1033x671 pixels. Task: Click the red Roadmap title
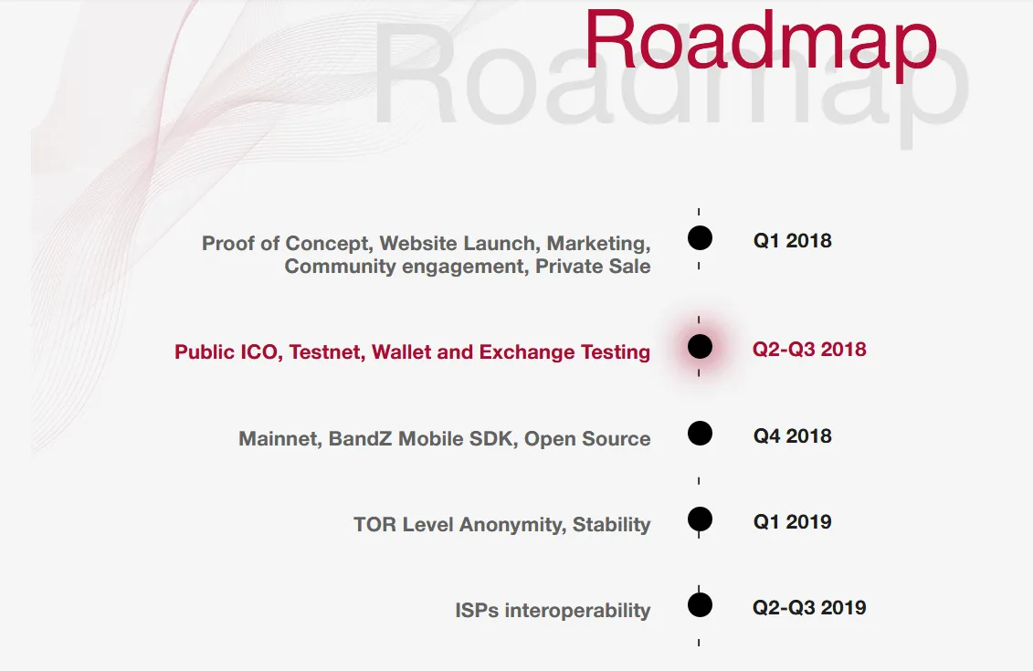(761, 42)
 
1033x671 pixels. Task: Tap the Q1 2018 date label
(793, 240)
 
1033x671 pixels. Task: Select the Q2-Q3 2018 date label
(809, 349)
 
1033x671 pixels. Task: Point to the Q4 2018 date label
(793, 435)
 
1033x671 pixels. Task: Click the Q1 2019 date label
(793, 521)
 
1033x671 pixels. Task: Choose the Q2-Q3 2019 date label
(809, 607)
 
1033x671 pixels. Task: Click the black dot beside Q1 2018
(700, 237)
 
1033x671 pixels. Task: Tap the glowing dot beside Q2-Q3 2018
(700, 346)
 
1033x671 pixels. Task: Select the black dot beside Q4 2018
(700, 434)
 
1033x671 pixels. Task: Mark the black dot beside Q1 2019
(700, 519)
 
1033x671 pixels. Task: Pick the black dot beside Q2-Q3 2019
(700, 605)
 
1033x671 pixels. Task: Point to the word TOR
(374, 524)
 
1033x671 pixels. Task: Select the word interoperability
(578, 611)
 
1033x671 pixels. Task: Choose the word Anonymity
(512, 525)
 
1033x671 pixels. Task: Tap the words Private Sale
(593, 266)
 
